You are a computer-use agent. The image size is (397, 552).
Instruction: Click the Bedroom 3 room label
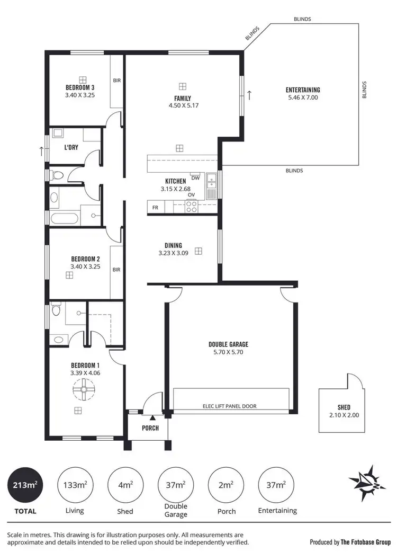(80, 87)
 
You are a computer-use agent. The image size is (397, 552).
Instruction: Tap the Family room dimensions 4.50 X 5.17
(183, 105)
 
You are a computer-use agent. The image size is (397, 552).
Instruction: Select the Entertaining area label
(303, 90)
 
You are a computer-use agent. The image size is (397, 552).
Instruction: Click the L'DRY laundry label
(71, 147)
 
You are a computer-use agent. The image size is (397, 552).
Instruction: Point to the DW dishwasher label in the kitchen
(195, 178)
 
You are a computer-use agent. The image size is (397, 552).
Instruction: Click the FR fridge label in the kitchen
(155, 207)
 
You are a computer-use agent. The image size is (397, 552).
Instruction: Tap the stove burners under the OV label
(192, 206)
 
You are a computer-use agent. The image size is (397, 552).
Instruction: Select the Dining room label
(173, 245)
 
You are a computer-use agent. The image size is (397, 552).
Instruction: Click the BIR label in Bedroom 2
(116, 269)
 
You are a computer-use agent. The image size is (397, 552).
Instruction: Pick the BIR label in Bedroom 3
(116, 81)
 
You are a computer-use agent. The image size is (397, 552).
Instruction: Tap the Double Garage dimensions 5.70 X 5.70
(228, 352)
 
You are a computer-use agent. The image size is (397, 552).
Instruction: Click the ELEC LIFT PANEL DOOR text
(229, 406)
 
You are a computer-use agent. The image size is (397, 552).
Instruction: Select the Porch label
(150, 428)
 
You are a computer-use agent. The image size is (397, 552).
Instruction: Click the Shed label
(344, 407)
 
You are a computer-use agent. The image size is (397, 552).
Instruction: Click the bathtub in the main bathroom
(65, 218)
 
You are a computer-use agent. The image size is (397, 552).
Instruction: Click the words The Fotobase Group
(365, 542)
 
